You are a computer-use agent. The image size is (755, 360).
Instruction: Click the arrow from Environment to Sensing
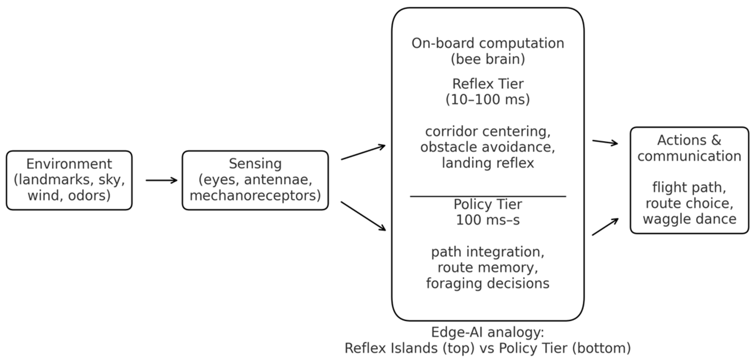[x=162, y=180]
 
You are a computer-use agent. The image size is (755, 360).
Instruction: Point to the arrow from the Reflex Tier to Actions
[x=605, y=142]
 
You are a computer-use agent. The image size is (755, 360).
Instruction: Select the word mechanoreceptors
[x=255, y=196]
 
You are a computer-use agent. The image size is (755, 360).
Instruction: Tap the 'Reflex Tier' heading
[x=488, y=84]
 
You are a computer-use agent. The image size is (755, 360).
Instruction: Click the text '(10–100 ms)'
[x=488, y=100]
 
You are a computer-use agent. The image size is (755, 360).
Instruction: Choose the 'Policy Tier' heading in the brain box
[x=488, y=204]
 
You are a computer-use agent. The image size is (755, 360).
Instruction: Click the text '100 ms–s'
[x=488, y=220]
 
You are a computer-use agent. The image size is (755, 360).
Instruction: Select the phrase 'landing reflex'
[x=488, y=163]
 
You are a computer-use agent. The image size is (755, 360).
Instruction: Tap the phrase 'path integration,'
[x=488, y=252]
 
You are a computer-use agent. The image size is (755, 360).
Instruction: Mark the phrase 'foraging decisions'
[x=488, y=284]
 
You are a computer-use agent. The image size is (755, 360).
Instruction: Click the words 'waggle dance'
[x=689, y=219]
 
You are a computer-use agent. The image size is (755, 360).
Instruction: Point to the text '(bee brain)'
[x=488, y=59]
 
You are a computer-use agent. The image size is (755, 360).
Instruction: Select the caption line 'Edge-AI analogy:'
[x=488, y=332]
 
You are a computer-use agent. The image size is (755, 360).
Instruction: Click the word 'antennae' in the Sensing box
[x=278, y=180]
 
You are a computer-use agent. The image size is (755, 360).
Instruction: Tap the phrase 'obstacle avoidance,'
[x=488, y=147]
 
